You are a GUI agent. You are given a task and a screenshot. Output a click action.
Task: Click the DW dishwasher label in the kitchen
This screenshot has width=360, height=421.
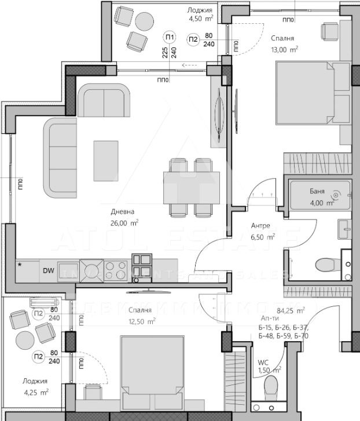[48, 270]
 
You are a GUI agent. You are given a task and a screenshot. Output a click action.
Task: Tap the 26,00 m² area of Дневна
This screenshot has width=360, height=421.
[126, 222]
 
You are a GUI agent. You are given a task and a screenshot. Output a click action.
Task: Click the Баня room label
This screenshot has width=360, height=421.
[317, 191]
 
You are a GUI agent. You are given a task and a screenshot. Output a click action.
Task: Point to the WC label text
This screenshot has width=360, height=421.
[263, 363]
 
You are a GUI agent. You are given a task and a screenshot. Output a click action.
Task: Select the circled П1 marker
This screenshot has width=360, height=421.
[169, 35]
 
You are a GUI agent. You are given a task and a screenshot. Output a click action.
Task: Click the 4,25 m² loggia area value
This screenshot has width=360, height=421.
[36, 391]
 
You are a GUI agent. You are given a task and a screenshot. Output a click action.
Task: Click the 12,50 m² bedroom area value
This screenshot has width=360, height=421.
[142, 321]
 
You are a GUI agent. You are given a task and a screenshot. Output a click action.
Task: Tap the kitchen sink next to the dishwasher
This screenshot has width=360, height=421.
[91, 270]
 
